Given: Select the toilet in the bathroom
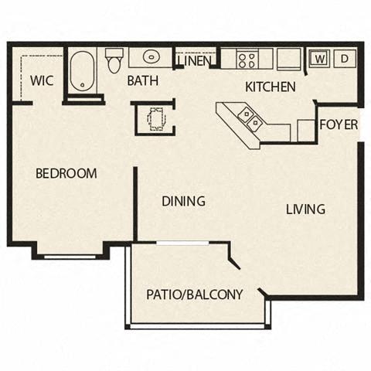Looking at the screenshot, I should [x=115, y=60].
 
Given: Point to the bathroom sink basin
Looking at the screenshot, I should [x=149, y=59].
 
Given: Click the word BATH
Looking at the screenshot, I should [x=144, y=80].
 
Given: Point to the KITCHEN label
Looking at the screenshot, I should [x=270, y=87].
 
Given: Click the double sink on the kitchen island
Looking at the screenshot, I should [x=250, y=118].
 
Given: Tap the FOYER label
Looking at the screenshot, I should [x=339, y=125].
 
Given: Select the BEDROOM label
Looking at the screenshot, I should [x=66, y=173].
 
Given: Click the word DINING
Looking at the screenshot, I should [x=183, y=202].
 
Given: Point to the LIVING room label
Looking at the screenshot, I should [x=305, y=209].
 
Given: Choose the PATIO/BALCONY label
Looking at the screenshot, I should [x=195, y=294].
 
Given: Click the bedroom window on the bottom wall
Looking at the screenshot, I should [x=70, y=255].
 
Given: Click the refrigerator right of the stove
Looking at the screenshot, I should [x=288, y=59].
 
